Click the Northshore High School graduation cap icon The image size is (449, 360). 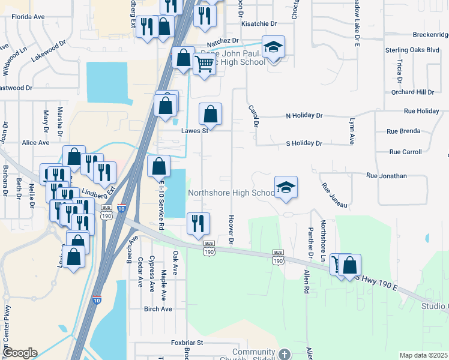(286, 187)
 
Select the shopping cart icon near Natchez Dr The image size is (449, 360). (205, 63)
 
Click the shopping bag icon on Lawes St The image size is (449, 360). (210, 113)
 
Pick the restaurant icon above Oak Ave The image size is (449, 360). (198, 223)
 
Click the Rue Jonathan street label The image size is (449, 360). (387, 176)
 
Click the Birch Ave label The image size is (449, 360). (158, 309)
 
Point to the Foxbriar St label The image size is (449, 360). (188, 343)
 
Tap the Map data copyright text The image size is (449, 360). (423, 355)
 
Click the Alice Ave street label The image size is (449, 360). (35, 143)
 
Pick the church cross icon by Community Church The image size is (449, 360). (284, 354)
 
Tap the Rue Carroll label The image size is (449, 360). (405, 152)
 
